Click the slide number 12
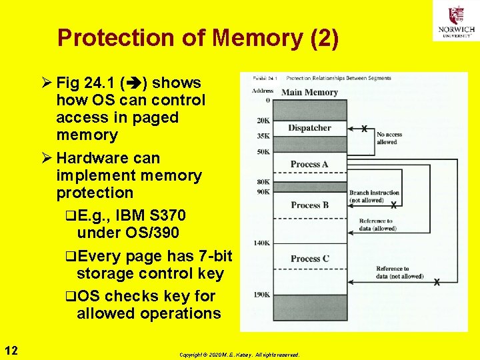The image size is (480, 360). click(11, 351)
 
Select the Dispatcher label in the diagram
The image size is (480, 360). click(309, 127)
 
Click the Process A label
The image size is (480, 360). click(309, 164)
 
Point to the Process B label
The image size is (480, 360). click(309, 205)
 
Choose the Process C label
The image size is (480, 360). click(309, 258)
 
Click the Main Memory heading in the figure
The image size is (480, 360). click(309, 92)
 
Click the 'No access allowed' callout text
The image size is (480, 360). click(389, 138)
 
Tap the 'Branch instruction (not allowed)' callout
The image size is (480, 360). click(375, 196)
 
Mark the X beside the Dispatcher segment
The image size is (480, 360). click(364, 128)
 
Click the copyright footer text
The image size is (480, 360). click(239, 355)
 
